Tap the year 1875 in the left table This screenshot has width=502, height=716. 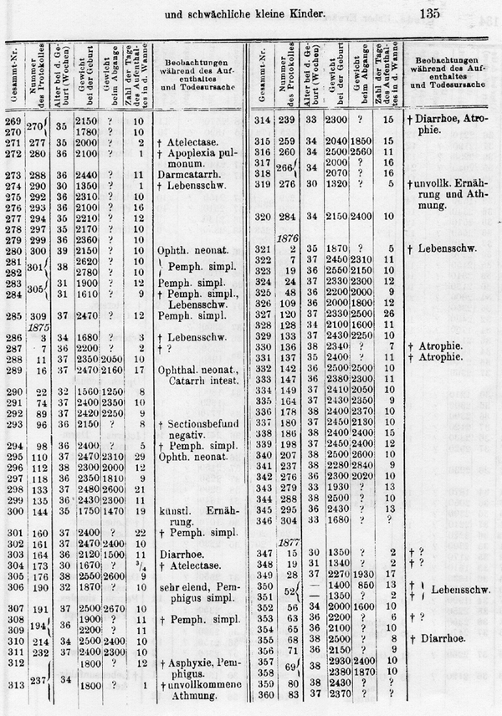tap(38, 328)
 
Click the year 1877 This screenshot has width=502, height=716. tap(289, 541)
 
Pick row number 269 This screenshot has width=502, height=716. tap(13, 122)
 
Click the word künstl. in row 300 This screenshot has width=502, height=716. tap(172, 510)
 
